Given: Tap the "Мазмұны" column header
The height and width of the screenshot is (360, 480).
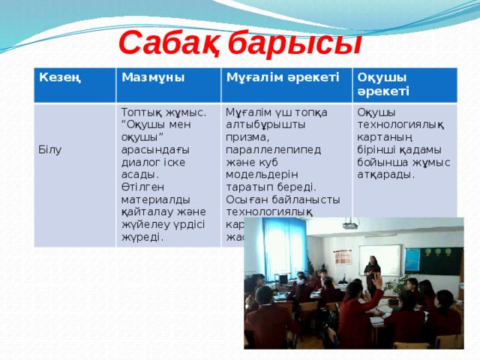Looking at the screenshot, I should point(153,76).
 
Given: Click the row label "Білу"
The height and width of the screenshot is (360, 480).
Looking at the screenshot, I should point(50,149).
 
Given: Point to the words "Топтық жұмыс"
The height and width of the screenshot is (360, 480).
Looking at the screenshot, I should point(163,112).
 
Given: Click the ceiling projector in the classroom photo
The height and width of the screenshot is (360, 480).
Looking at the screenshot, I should point(349,224).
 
